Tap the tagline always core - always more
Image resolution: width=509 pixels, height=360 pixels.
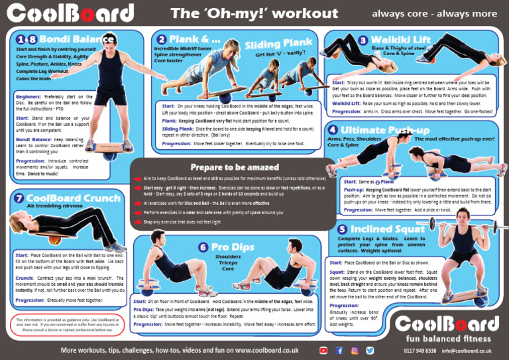[x=434, y=13]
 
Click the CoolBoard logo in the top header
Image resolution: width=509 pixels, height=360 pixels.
[x=71, y=14]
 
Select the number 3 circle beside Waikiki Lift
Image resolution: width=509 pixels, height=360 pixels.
[x=363, y=40]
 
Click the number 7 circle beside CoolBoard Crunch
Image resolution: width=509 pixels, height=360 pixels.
[x=19, y=198]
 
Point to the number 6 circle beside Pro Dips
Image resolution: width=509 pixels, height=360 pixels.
[x=203, y=247]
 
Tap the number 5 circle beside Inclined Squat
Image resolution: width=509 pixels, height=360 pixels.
[x=342, y=229]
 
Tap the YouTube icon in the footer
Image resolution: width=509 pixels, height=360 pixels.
[x=323, y=350]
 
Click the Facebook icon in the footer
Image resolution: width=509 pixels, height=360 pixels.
[x=339, y=350]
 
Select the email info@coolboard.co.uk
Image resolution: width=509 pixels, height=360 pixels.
[x=467, y=351]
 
